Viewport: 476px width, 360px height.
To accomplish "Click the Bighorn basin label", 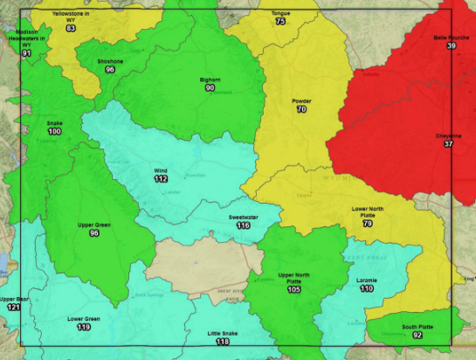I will point(210,80).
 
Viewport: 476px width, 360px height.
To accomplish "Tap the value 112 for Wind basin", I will point(161,179).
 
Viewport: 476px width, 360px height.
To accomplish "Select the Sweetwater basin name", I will point(242,216).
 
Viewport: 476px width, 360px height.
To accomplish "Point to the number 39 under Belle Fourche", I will point(451,46).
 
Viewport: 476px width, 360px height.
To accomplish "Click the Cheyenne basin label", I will point(449,135).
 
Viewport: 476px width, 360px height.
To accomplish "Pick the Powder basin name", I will point(301,101).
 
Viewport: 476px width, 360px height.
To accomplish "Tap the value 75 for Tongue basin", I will point(280,21).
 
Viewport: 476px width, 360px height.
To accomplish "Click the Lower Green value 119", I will point(84,328).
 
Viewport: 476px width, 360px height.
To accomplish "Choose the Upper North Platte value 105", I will point(293,289).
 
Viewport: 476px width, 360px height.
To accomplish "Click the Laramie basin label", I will point(366,280).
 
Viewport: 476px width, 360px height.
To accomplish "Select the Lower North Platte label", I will point(368,212).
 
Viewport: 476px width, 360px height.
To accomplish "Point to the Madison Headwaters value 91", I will point(26,54).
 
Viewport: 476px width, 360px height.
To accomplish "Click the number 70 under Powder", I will point(301,110).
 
